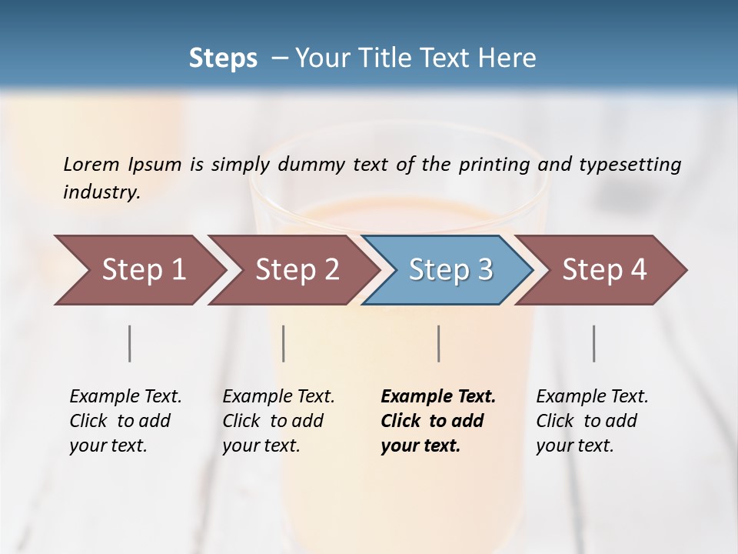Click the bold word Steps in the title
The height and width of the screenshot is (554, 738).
[223, 58]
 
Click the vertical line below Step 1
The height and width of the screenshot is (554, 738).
[130, 343]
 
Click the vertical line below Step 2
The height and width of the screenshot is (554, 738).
[284, 343]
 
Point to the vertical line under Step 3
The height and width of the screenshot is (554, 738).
[439, 343]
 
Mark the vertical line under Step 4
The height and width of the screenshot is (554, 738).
[594, 343]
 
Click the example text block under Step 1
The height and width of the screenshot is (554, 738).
[125, 421]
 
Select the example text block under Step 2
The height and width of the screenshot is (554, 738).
[278, 421]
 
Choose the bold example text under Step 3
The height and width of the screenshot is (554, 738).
[437, 421]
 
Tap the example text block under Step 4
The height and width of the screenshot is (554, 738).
[592, 421]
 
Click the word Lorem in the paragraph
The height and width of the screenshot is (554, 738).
[91, 164]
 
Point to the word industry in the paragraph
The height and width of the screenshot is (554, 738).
[101, 192]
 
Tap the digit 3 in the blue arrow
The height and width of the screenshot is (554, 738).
[484, 270]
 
